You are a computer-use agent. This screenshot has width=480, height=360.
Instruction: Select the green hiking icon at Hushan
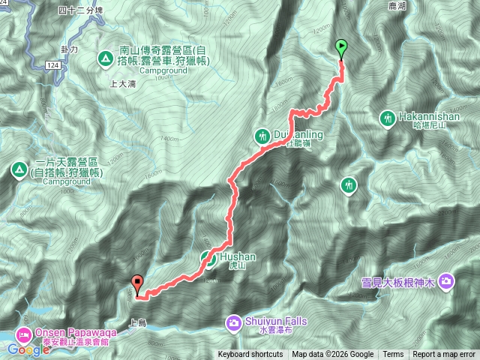(x=208, y=259)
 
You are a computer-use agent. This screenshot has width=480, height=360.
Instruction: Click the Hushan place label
(x=238, y=256)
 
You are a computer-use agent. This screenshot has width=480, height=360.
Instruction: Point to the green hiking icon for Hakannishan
(x=388, y=118)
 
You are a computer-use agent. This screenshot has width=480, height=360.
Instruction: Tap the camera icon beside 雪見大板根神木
(x=446, y=280)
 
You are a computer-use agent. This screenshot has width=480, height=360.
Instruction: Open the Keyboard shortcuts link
(x=250, y=355)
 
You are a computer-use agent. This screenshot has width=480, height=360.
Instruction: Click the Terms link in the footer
(x=392, y=355)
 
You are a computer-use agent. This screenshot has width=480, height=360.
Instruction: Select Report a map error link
(x=444, y=355)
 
